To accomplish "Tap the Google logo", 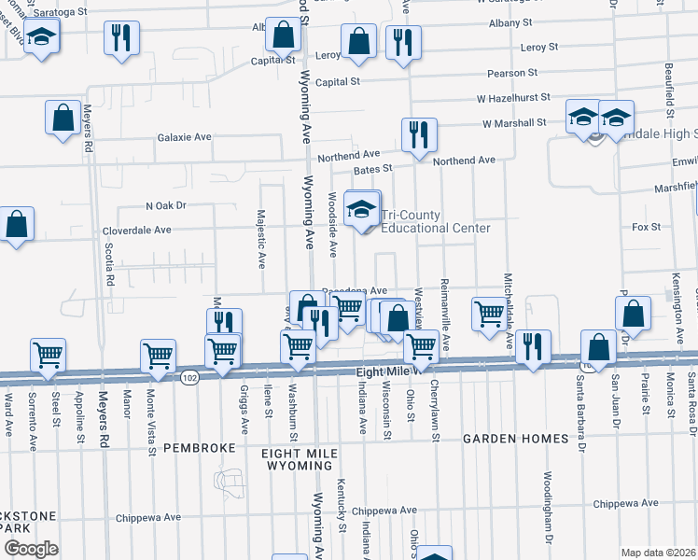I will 31,549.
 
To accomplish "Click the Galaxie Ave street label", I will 185,137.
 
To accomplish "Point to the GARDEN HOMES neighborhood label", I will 516,439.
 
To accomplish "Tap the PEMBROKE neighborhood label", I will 199,448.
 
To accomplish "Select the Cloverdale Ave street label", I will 136,230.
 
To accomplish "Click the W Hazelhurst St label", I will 511,97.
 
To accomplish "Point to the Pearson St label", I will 512,72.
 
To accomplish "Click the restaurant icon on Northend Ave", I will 419,133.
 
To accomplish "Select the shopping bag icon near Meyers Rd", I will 63,118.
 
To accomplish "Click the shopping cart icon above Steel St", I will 48,355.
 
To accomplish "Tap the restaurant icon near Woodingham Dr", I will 533,346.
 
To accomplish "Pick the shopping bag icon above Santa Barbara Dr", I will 598,347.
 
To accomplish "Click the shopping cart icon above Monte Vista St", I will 159,356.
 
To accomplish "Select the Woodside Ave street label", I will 333,225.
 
